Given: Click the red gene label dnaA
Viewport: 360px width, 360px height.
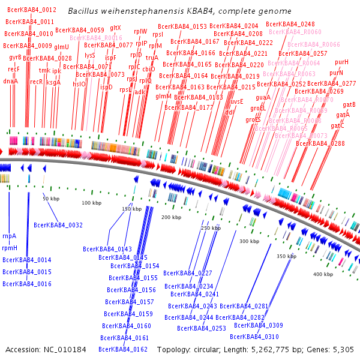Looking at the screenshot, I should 10,81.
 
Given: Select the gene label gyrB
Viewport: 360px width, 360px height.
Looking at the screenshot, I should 15,58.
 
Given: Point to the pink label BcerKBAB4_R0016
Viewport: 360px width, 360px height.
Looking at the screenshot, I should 95,38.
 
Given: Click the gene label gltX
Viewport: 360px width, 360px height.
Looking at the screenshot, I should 115,28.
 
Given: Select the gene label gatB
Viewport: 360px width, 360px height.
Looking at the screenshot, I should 349,105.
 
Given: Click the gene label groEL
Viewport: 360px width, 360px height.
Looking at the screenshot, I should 257,108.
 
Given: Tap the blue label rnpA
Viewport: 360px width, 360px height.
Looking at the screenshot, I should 10,236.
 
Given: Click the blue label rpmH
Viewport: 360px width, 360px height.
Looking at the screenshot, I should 10,248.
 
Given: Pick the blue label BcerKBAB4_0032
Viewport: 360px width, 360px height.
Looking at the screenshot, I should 58,225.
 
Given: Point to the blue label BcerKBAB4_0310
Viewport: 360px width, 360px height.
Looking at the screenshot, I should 256,337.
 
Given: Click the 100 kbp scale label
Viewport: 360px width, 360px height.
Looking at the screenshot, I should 91,203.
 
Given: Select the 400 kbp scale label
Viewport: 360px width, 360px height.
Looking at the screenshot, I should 323,274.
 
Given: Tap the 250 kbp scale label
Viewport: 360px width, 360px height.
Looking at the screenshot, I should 211,228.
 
